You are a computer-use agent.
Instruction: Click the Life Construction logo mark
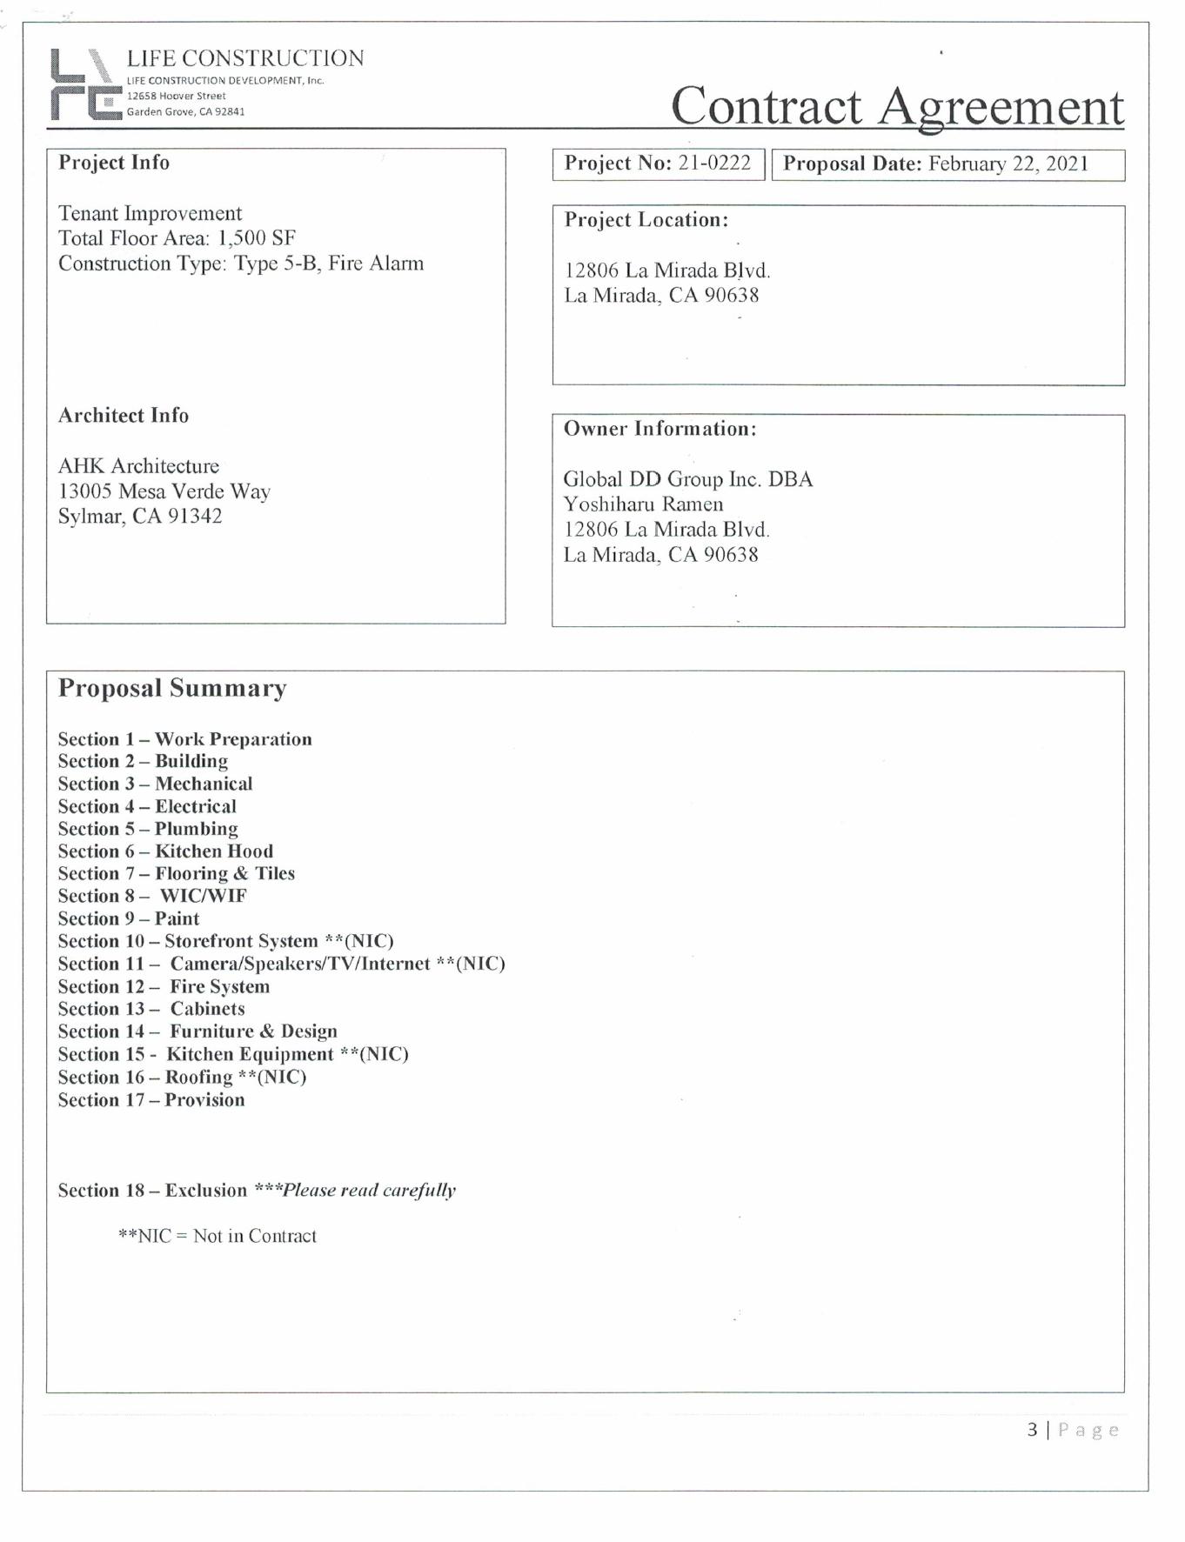tap(85, 84)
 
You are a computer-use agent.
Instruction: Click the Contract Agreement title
tap(896, 106)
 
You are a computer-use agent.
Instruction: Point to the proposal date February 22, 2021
tap(1008, 164)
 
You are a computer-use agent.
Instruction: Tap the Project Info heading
tap(114, 163)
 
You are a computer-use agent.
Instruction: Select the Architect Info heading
tap(124, 416)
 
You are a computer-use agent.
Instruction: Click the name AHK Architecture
tap(138, 466)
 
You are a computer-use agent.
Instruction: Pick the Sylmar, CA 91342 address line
tap(140, 517)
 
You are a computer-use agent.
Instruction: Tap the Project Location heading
tap(646, 220)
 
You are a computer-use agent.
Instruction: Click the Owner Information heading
tap(659, 429)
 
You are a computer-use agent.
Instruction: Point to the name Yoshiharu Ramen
tap(643, 504)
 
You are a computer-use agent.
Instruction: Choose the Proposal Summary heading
tap(172, 689)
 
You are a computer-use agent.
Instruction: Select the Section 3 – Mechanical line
tap(155, 784)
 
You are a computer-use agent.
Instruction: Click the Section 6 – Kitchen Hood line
tap(165, 851)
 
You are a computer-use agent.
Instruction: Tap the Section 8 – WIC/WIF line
tap(152, 896)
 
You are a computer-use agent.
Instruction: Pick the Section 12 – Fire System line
tap(164, 986)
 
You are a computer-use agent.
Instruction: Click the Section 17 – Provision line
tap(151, 1099)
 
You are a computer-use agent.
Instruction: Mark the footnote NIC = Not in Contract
tap(218, 1236)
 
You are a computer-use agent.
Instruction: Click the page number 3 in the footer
tap(1032, 1429)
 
